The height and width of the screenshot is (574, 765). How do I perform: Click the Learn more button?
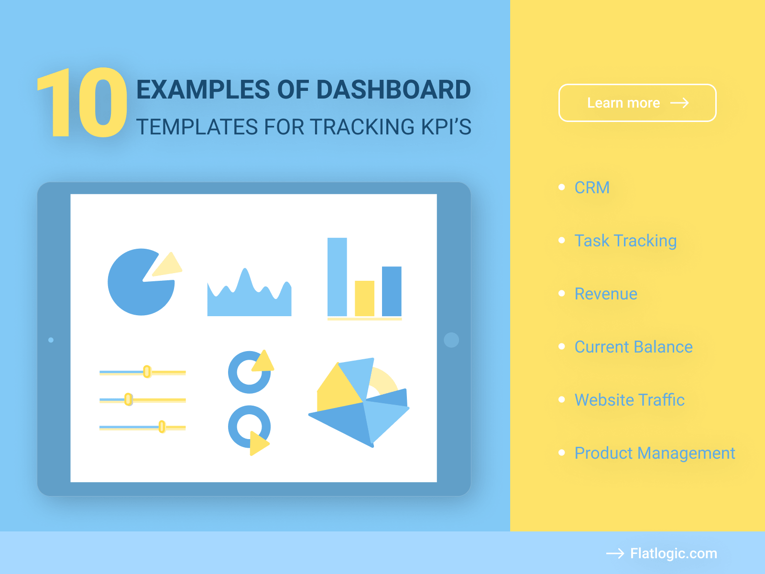click(x=637, y=103)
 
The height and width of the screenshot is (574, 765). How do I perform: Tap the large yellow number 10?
click(x=82, y=103)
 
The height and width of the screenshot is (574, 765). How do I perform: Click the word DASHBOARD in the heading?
click(x=393, y=90)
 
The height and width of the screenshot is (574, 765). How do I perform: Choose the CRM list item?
click(x=591, y=188)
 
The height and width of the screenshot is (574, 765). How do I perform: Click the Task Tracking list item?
click(x=625, y=241)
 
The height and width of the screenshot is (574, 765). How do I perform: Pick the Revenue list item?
click(x=605, y=294)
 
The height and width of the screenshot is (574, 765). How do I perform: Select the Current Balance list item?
click(x=633, y=347)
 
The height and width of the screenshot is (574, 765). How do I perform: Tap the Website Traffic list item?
click(x=629, y=400)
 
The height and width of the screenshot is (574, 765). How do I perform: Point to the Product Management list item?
click(x=654, y=453)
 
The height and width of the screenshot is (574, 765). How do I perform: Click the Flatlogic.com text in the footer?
click(x=673, y=553)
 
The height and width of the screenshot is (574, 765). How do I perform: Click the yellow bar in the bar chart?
click(x=364, y=298)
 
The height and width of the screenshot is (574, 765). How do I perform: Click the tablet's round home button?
click(x=451, y=340)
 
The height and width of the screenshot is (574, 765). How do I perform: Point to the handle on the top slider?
click(x=147, y=372)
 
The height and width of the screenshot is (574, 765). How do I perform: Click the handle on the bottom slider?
click(x=162, y=426)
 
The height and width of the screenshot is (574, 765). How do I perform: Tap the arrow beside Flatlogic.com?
click(x=615, y=553)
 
